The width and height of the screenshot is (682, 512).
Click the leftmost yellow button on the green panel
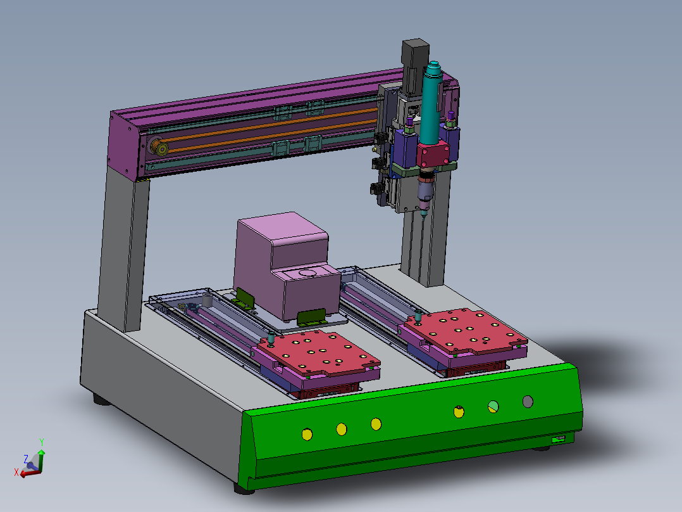307,434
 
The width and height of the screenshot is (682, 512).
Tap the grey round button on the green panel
528,401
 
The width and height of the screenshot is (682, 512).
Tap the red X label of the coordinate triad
16,472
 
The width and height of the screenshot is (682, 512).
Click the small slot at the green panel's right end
559,439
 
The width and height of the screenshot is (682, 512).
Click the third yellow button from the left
376,423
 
